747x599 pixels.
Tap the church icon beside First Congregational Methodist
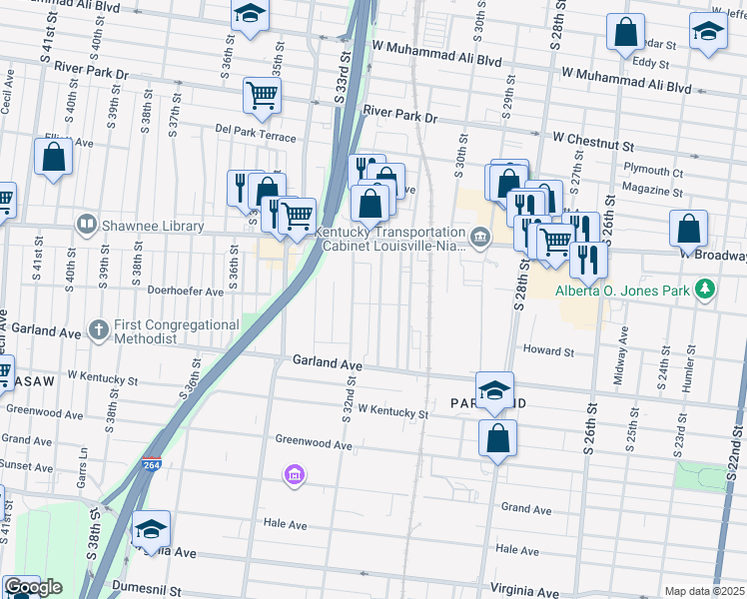click(x=98, y=328)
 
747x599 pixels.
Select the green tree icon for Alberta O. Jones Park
click(x=706, y=289)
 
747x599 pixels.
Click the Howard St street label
click(x=548, y=351)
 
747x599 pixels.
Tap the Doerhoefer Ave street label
click(x=186, y=293)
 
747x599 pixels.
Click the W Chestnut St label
click(x=593, y=136)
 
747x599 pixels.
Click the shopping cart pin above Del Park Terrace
click(x=262, y=96)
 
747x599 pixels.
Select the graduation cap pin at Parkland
click(x=494, y=390)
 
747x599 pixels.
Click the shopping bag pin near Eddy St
click(x=625, y=32)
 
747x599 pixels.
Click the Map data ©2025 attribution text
click(x=704, y=591)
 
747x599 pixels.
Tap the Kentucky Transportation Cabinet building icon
click(x=480, y=237)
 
